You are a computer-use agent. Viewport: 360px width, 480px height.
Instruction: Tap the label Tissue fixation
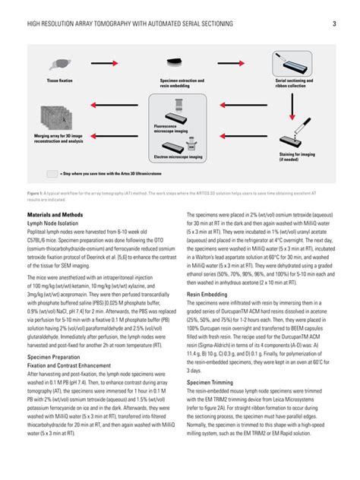pos(60,80)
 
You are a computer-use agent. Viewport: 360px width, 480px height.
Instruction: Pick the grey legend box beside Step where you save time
pos(52,173)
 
